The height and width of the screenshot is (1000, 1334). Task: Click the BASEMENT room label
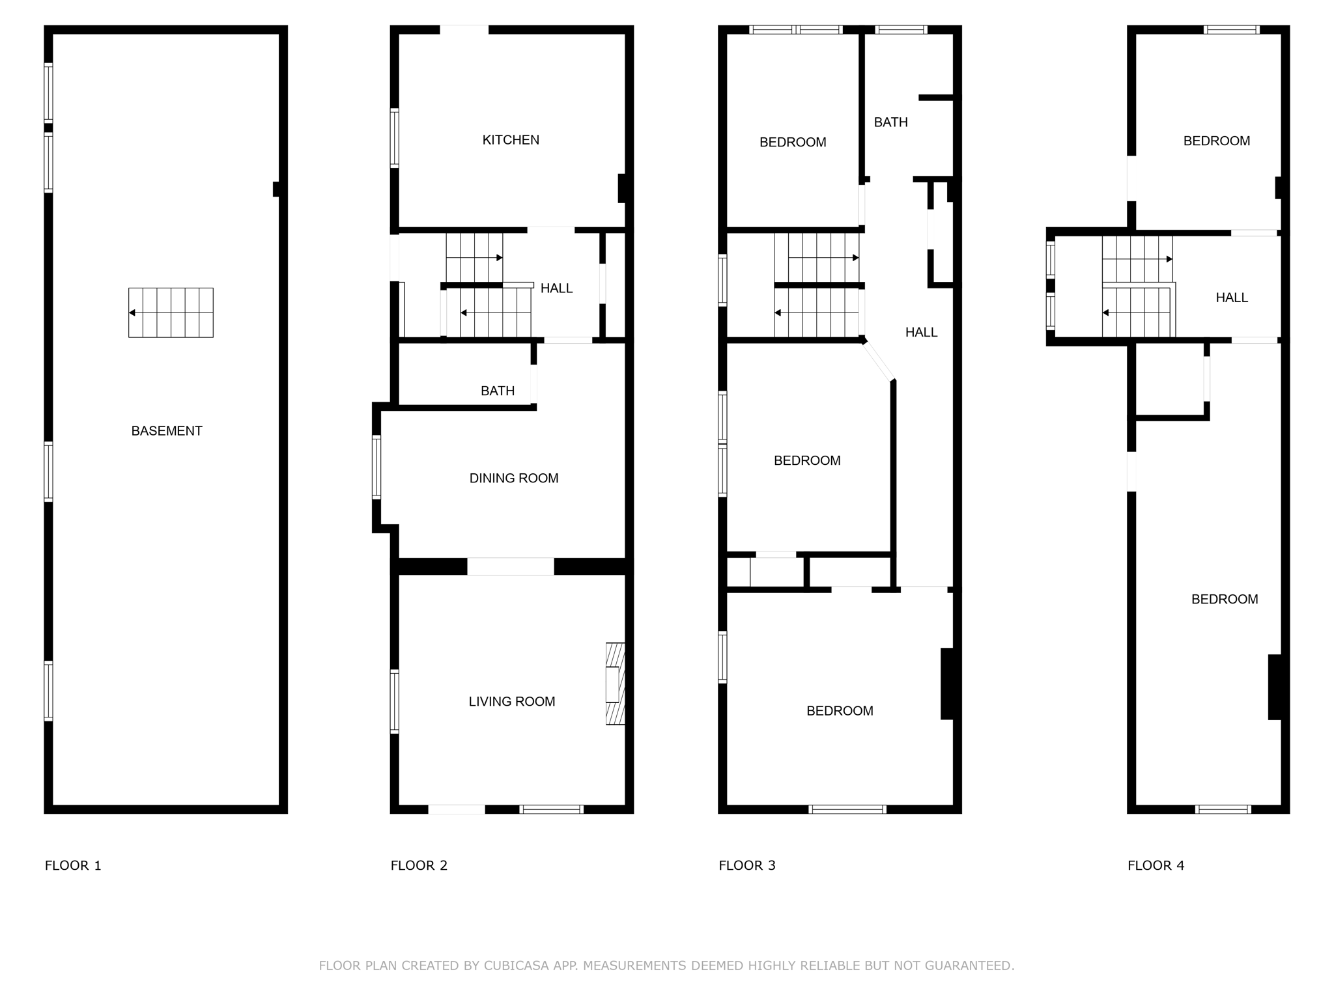(167, 431)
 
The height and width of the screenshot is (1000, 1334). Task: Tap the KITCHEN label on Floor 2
(511, 140)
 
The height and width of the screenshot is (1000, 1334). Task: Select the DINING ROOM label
(514, 479)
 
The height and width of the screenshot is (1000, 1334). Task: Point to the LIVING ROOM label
(512, 702)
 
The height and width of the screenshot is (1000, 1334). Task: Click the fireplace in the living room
(616, 684)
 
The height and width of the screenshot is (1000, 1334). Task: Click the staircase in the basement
(171, 312)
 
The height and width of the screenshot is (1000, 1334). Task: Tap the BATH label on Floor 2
(498, 391)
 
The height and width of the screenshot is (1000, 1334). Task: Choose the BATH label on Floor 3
(890, 122)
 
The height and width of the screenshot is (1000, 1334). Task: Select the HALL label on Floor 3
(921, 333)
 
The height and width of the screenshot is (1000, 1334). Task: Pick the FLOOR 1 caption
(73, 866)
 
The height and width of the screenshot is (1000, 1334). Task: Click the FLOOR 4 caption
(1156, 866)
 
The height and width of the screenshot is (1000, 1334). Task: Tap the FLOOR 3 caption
(747, 866)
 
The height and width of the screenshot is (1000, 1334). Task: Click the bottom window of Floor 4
(1223, 809)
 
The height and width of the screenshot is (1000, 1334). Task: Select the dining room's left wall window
(376, 467)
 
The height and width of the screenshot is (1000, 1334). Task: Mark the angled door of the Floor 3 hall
(879, 361)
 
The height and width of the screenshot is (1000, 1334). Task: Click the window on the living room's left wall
(394, 701)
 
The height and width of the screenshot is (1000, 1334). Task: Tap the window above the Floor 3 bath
(901, 29)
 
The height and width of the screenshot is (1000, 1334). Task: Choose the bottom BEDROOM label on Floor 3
(840, 711)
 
